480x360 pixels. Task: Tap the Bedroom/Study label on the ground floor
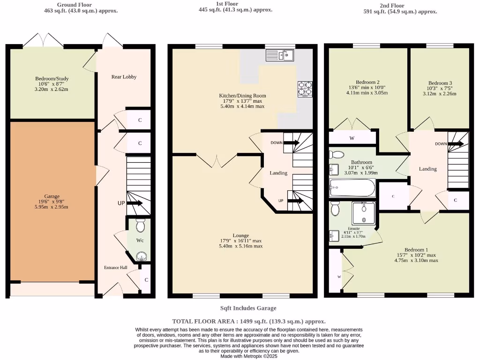pyautogui.click(x=52, y=78)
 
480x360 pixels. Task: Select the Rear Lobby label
pyautogui.click(x=124, y=76)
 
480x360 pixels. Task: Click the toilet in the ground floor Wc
pyautogui.click(x=140, y=226)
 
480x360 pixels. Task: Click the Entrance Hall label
pyautogui.click(x=115, y=267)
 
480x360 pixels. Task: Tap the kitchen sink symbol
pyautogui.click(x=279, y=56)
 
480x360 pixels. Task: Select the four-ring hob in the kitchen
pyautogui.click(x=305, y=89)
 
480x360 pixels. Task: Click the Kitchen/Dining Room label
pyautogui.click(x=242, y=96)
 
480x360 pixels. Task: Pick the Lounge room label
pyautogui.click(x=241, y=235)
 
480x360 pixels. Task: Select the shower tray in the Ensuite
pyautogui.click(x=364, y=213)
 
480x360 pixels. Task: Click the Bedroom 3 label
pyautogui.click(x=440, y=83)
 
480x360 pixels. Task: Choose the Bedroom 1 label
pyautogui.click(x=416, y=249)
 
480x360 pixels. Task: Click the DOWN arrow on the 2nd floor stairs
pyautogui.click(x=455, y=144)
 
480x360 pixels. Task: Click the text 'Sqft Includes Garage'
pyautogui.click(x=248, y=308)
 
